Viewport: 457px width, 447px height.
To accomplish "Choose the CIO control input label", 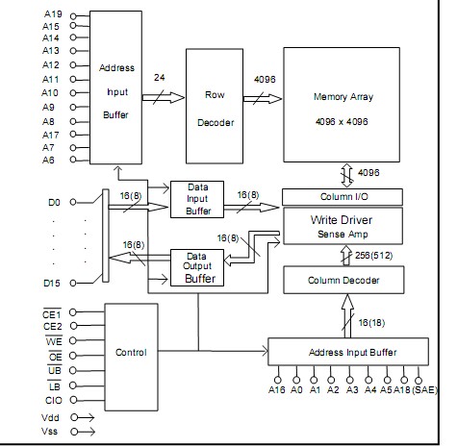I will [x=54, y=399].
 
